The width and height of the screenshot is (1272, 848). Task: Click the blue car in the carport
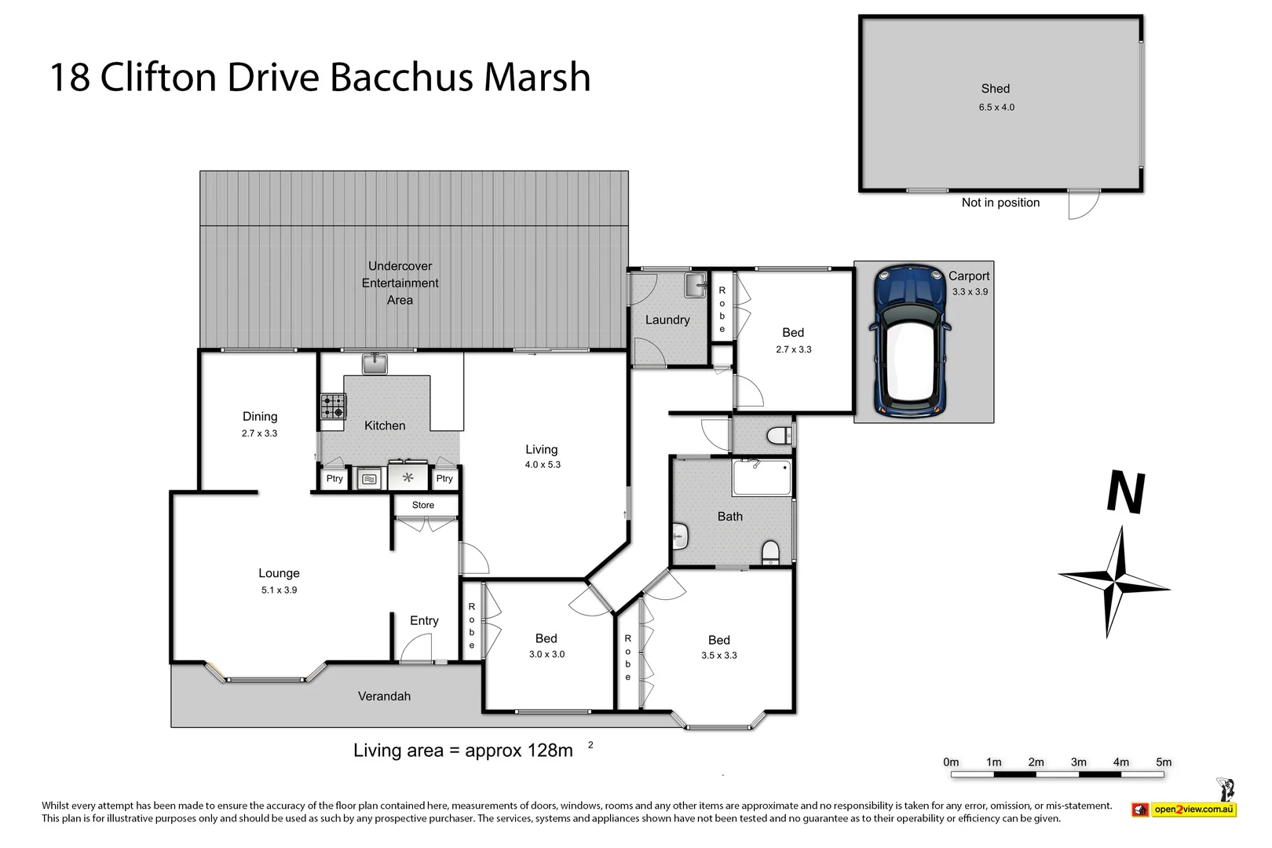[910, 341]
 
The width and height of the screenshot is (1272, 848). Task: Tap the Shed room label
[995, 89]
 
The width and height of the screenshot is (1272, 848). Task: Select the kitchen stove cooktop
[333, 406]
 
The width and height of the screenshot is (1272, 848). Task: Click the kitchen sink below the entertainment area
[375, 364]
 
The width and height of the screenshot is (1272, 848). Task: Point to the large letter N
[1125, 492]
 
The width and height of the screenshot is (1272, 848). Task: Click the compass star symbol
[1115, 583]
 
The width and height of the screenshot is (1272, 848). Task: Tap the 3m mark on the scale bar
[1078, 762]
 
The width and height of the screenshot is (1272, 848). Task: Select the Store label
[422, 505]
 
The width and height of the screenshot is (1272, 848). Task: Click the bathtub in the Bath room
[761, 477]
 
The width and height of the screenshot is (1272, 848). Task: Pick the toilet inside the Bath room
[770, 553]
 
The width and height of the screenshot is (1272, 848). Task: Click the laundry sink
[695, 286]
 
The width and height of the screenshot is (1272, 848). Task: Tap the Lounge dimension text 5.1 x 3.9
[279, 590]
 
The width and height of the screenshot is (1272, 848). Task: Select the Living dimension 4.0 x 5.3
[543, 465]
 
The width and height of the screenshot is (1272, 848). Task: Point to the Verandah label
[384, 696]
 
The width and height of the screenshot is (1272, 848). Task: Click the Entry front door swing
[417, 648]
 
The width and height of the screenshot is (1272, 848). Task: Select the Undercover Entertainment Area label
[400, 283]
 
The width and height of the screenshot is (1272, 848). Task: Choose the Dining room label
[259, 416]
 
